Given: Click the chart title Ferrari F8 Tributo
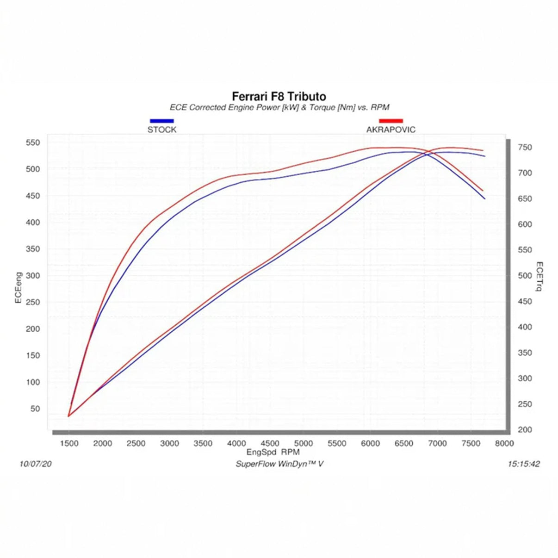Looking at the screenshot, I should tap(279, 96).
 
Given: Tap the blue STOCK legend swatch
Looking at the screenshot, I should tap(161, 121).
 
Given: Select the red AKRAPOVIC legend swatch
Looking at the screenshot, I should tap(391, 121).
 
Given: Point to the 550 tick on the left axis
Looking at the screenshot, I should tap(33, 143).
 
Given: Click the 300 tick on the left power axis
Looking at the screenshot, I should tap(33, 276).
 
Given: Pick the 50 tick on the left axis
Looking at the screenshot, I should tap(35, 409).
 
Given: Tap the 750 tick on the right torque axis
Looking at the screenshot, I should tap(525, 148).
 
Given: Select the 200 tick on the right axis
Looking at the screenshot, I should tap(525, 430).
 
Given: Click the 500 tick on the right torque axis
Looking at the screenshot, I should tap(525, 276).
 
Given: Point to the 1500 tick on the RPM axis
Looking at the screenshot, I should tap(69, 444).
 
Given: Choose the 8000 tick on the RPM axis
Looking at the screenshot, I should tap(504, 444).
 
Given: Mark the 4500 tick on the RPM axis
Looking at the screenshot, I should tap(270, 444).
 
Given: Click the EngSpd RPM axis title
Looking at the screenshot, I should tap(273, 453).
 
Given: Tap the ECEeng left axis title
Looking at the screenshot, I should tap(19, 288).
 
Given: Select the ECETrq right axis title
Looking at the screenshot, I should tap(539, 277).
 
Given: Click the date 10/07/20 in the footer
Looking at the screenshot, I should tap(36, 464).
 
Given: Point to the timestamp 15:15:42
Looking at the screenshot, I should tap(523, 464).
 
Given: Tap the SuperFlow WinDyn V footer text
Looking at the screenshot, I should tap(279, 464).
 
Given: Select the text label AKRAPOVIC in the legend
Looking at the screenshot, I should tap(391, 130).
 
